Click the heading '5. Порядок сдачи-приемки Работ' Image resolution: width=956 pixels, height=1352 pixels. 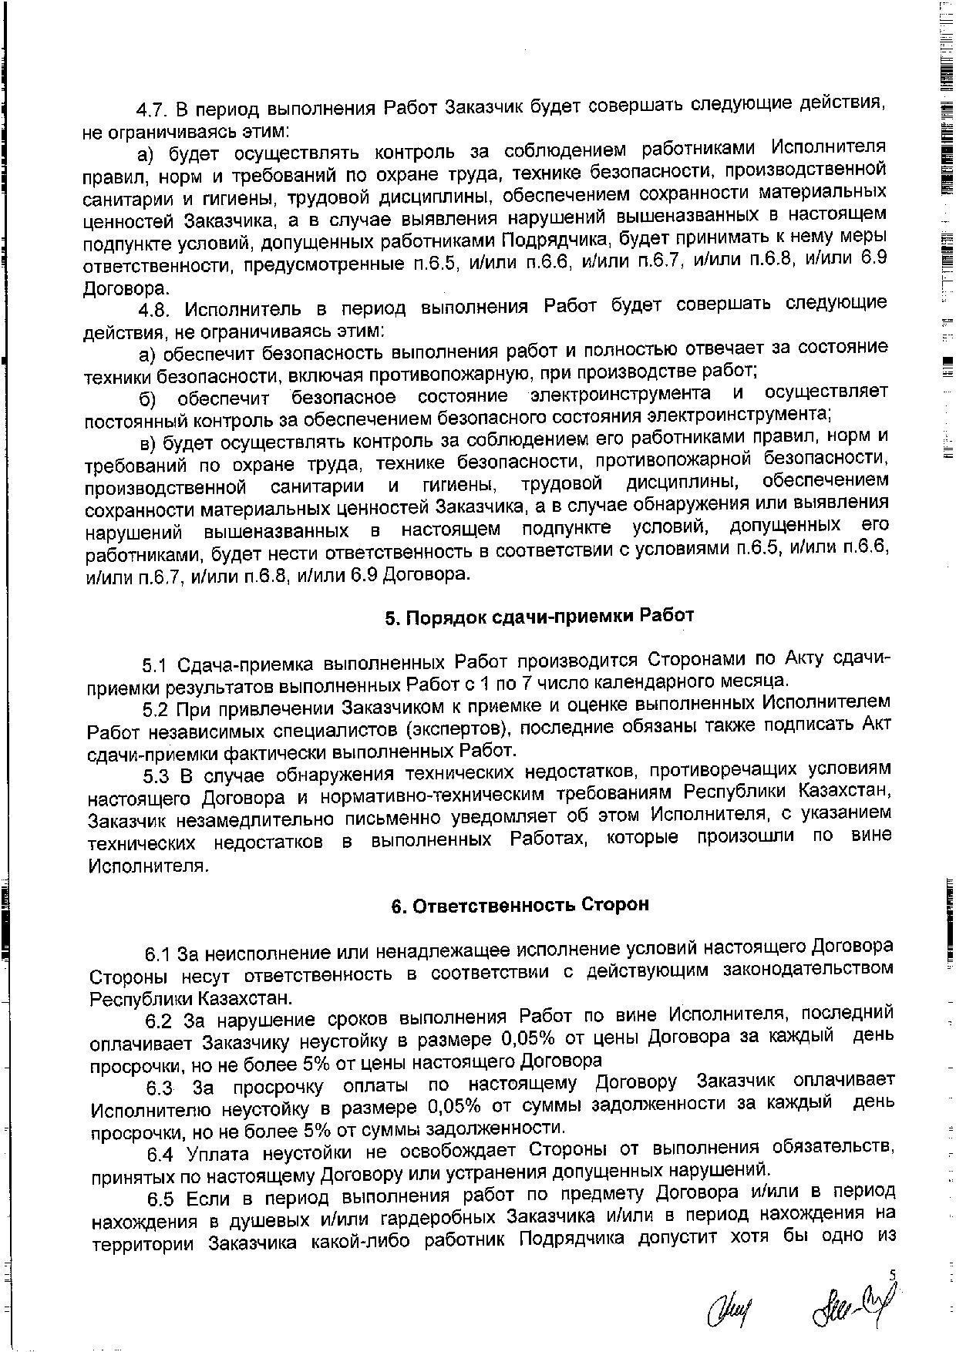(539, 617)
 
